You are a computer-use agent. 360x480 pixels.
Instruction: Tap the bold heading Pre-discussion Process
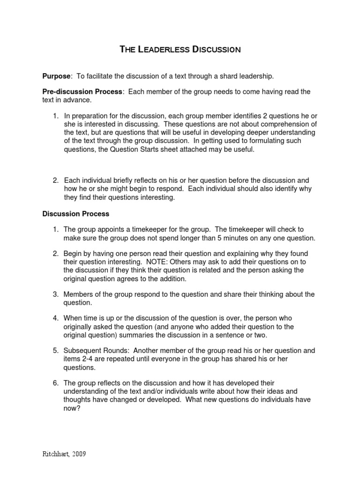click(x=82, y=92)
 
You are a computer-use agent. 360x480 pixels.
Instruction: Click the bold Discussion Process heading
click(x=76, y=214)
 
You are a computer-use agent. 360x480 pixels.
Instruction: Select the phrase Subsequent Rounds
click(x=94, y=351)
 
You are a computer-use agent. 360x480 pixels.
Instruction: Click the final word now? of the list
click(x=72, y=409)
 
